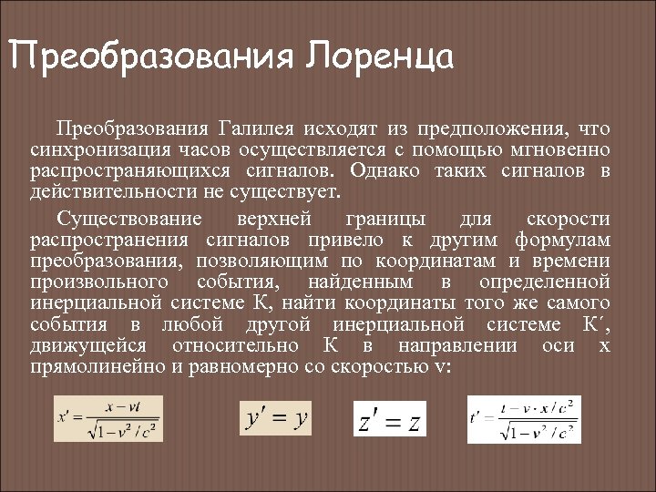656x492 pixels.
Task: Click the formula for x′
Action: (x=110, y=419)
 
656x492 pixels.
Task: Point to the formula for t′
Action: (x=524, y=419)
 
